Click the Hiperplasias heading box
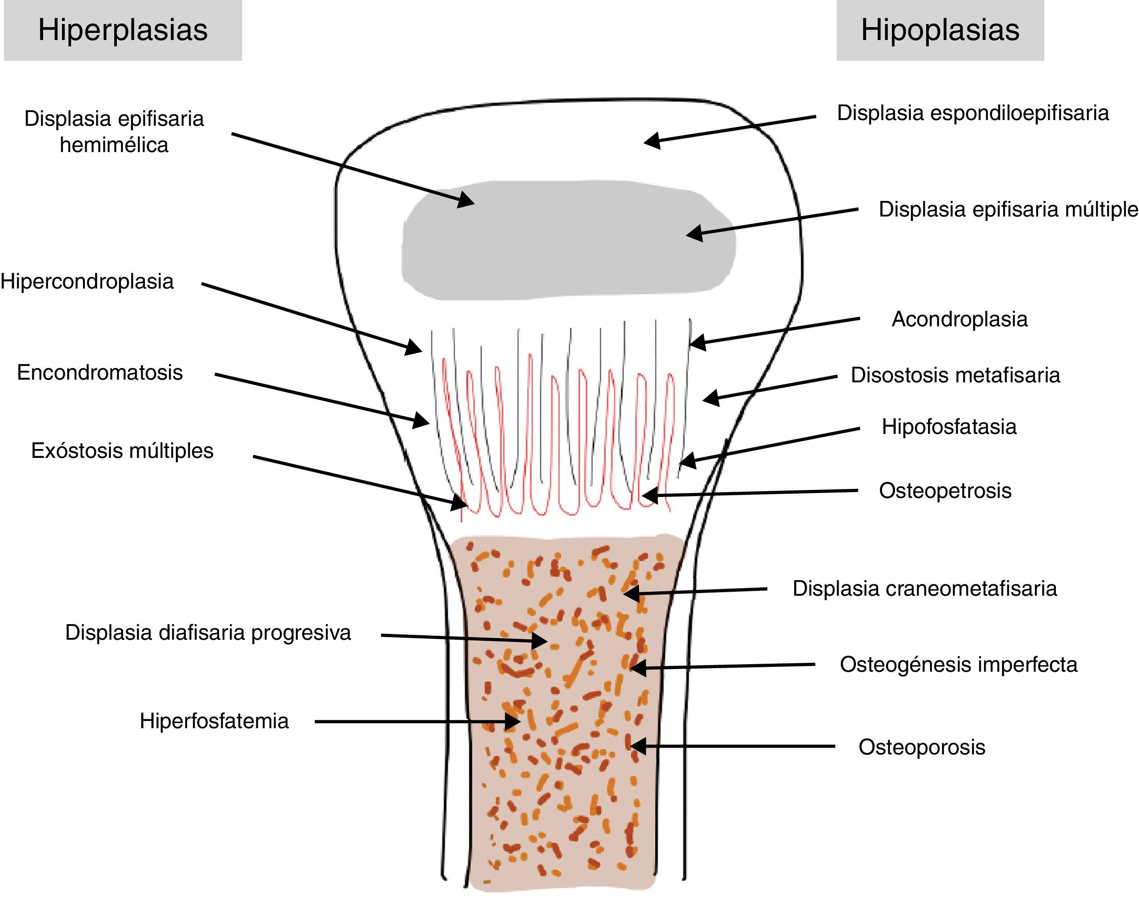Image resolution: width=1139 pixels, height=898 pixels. (x=123, y=30)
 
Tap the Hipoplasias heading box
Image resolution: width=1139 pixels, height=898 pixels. (x=940, y=30)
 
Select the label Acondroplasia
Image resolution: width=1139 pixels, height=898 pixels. (x=959, y=319)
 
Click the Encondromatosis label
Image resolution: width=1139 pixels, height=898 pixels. (x=100, y=372)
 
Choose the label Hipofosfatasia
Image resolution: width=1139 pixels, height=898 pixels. (x=949, y=426)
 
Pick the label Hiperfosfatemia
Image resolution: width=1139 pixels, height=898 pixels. (x=214, y=721)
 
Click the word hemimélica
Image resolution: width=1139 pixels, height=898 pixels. (x=114, y=144)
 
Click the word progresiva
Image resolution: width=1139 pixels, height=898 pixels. (x=301, y=633)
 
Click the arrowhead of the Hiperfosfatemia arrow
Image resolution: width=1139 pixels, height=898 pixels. (x=512, y=722)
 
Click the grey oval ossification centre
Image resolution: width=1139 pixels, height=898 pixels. (x=568, y=241)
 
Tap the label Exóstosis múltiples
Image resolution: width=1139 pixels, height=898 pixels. (x=122, y=451)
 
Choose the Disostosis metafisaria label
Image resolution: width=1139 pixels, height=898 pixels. (x=955, y=375)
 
